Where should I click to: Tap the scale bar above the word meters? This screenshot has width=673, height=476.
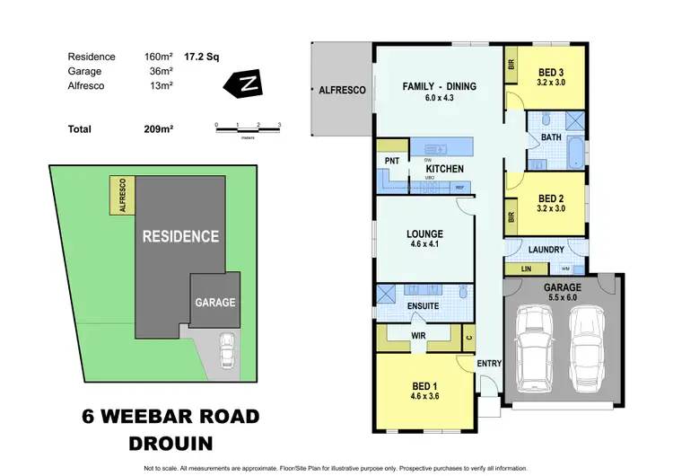click(247, 130)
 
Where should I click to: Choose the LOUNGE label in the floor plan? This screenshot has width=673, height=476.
click(425, 234)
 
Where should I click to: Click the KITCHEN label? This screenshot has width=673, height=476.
click(443, 169)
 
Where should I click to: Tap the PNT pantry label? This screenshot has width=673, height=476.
click(391, 161)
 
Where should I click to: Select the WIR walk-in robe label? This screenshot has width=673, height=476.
click(417, 334)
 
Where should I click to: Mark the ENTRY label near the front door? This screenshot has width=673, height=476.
click(489, 363)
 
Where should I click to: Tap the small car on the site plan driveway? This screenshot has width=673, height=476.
click(227, 350)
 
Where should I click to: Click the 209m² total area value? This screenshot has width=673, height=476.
click(159, 129)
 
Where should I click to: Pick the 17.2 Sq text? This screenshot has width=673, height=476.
click(203, 56)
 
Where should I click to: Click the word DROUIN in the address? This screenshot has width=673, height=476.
click(170, 443)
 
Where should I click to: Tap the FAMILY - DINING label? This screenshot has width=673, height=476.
click(438, 87)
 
